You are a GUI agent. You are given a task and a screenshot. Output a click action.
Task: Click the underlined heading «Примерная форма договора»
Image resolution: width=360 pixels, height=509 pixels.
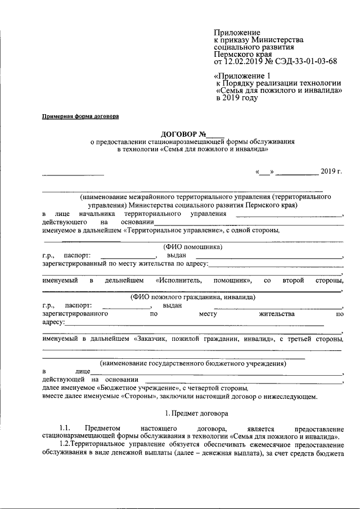(x=81, y=117)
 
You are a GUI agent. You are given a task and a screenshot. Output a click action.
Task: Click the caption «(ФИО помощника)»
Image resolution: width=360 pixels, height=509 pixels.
(x=193, y=246)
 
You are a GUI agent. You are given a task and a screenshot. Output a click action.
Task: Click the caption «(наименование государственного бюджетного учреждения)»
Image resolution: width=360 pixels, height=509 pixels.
(x=193, y=363)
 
